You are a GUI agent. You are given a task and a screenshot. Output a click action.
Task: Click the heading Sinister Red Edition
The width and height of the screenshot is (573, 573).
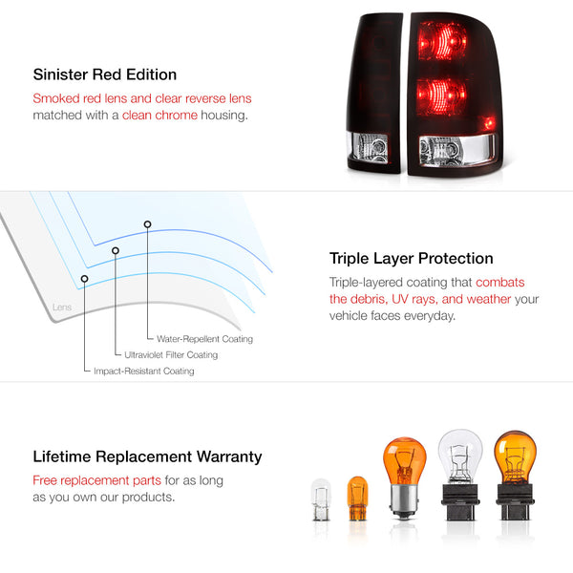105,74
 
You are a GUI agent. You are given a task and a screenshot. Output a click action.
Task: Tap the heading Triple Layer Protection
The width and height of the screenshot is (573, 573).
411,259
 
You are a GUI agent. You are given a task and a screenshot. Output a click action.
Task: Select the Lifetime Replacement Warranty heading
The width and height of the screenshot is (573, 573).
147,456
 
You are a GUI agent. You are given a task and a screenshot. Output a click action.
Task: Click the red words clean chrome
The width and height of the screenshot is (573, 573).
159,116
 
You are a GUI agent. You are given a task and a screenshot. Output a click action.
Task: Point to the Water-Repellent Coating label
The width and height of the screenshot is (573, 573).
204,339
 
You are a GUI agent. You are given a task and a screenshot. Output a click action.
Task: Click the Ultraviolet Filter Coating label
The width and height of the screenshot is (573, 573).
171,355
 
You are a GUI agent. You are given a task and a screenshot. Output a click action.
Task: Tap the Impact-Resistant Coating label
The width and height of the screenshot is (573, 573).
144,371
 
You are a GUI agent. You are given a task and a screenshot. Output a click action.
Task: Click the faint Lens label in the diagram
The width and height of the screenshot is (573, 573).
62,307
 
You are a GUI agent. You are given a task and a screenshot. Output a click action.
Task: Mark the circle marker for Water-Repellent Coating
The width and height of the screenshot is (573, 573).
147,224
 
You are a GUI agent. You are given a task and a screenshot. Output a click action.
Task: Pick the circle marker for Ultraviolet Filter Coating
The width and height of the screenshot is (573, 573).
116,250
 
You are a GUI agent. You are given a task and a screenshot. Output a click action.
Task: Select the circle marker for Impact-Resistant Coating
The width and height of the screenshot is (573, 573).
84,279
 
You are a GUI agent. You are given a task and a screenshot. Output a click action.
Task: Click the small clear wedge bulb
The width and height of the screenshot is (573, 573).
321,499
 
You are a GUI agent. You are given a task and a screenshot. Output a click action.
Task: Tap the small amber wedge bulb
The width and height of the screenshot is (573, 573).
357,498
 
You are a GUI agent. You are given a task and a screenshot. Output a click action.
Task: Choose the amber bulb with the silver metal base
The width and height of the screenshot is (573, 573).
404,477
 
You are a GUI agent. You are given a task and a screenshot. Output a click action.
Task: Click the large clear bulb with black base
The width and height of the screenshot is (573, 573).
460,475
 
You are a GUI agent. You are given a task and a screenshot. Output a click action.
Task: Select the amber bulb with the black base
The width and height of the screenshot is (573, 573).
515,475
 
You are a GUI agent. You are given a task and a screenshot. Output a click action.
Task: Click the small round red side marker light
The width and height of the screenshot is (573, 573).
489,123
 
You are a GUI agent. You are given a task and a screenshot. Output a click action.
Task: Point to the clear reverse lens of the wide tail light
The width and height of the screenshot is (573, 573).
456,150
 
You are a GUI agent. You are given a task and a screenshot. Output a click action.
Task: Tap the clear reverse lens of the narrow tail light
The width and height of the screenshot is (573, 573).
367,147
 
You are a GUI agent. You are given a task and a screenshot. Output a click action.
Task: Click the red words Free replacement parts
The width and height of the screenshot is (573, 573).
96,480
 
